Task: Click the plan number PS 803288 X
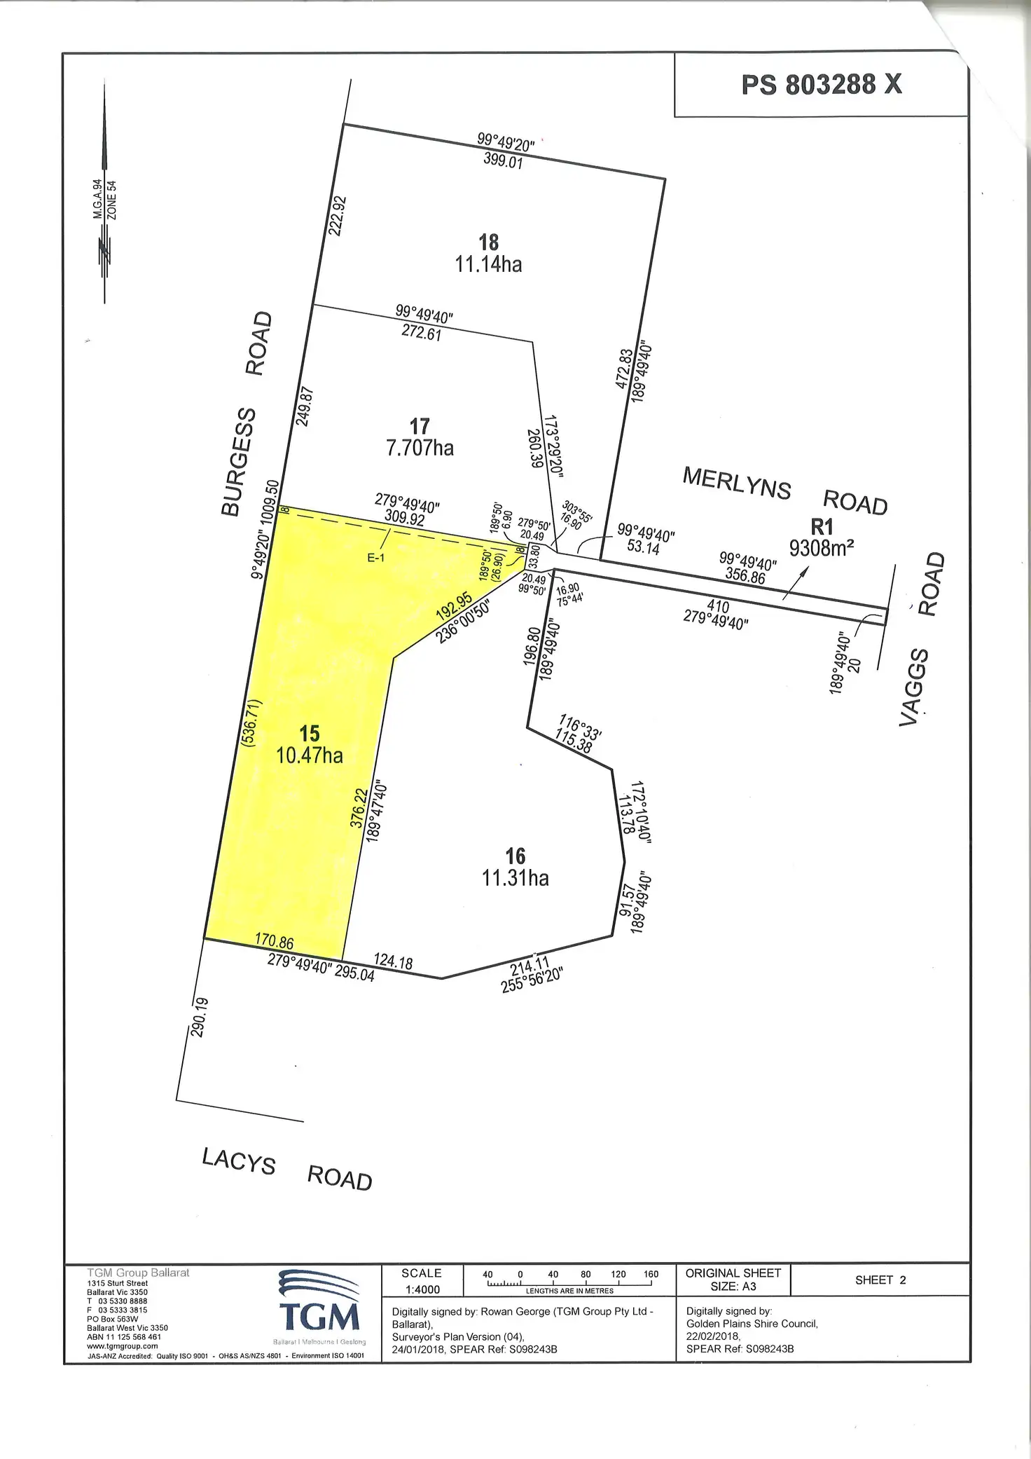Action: point(822,85)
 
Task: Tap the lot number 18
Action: point(489,242)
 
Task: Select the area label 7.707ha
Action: point(420,448)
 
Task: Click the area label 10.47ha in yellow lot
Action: point(310,755)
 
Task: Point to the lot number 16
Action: point(515,856)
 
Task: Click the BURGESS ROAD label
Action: point(246,414)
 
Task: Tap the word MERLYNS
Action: point(737,483)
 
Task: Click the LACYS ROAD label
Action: point(286,1170)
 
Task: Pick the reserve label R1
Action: point(822,526)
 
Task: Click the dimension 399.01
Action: point(503,161)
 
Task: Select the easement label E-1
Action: point(376,558)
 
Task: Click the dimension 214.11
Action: point(530,967)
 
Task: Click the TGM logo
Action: point(320,1310)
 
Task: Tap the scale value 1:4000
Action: point(422,1289)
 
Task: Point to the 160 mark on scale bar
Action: point(651,1275)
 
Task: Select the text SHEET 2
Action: point(880,1280)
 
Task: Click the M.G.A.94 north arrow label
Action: point(98,199)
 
